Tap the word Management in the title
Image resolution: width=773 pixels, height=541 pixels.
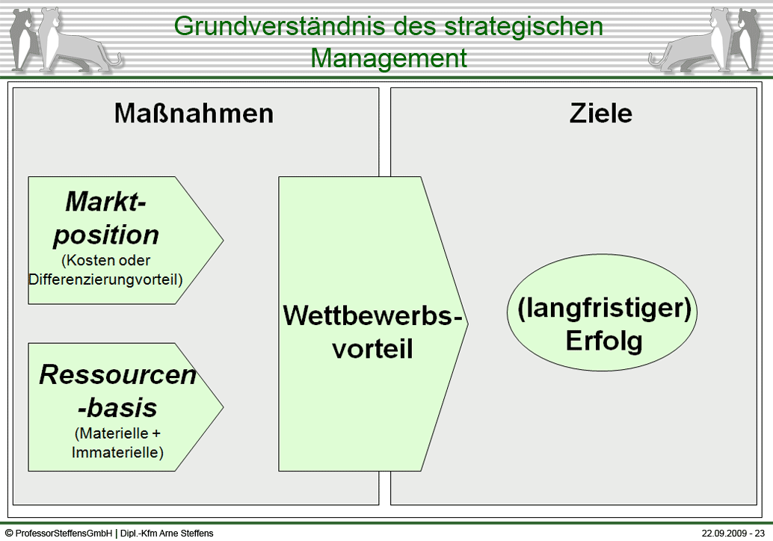(389, 59)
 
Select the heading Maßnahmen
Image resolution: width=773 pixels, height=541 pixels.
(194, 114)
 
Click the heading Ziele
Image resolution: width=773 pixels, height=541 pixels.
(600, 114)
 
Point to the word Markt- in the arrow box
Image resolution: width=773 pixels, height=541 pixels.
(106, 202)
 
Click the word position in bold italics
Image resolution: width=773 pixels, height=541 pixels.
(106, 235)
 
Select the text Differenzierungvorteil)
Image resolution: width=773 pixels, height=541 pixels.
(105, 279)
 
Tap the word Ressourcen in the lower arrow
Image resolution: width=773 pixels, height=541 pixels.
(118, 374)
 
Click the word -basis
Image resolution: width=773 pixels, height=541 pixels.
(117, 408)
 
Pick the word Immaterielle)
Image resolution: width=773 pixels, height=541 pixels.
(117, 452)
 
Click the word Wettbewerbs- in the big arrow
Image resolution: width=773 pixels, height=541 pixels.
(373, 315)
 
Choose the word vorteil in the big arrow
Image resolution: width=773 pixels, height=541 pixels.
(373, 349)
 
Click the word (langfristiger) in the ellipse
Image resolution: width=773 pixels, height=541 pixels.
(604, 309)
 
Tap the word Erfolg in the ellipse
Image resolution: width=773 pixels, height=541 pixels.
(604, 341)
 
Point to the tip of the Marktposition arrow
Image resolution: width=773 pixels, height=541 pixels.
(224, 241)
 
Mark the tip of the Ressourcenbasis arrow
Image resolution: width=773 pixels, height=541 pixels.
(224, 407)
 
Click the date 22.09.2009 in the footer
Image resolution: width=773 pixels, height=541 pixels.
(724, 533)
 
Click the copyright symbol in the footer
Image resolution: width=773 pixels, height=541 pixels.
(9, 533)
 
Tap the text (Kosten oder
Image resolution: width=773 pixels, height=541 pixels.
(105, 260)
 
